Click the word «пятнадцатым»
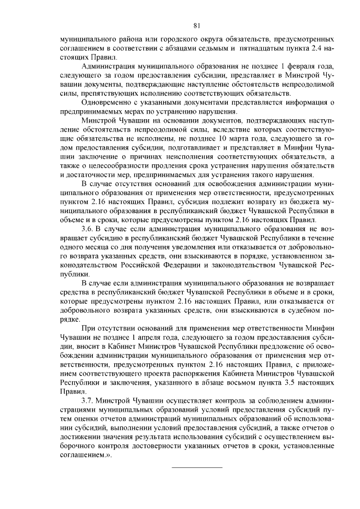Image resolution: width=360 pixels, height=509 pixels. click(x=260, y=49)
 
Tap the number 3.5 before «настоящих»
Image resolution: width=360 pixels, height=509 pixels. click(x=291, y=381)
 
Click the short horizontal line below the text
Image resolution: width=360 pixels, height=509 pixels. click(x=196, y=467)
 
